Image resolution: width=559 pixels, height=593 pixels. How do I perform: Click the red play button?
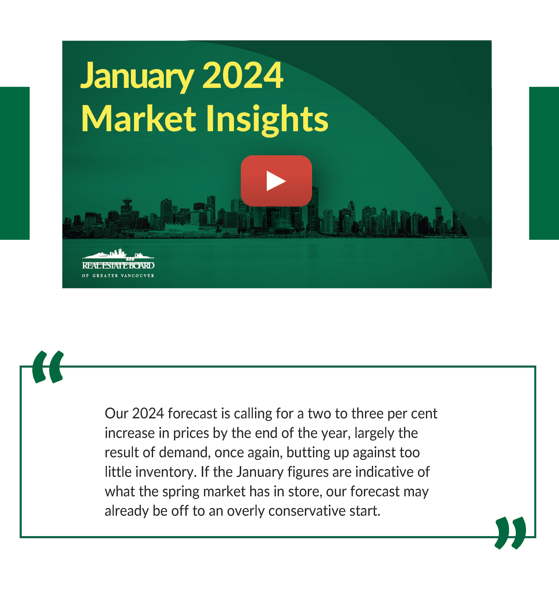click(x=276, y=181)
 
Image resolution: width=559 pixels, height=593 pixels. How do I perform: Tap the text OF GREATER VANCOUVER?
click(x=118, y=276)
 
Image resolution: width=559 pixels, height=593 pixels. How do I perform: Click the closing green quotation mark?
click(x=510, y=533)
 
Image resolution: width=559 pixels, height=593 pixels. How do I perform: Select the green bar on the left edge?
click(x=15, y=163)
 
